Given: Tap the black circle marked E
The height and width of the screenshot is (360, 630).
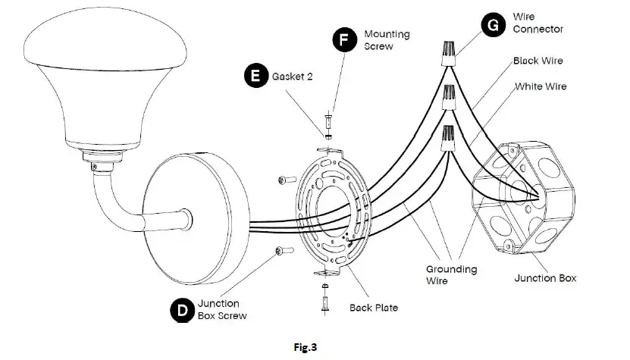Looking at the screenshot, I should (255, 76).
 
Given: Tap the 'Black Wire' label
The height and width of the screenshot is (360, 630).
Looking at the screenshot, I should (538, 61).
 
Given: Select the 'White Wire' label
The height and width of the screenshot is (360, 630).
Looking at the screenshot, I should (541, 87).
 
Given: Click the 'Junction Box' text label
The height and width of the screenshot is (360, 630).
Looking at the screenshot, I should (545, 278).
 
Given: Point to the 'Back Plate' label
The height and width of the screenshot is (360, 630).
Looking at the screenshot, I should (374, 308).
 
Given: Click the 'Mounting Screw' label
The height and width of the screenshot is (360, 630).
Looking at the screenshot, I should (387, 40).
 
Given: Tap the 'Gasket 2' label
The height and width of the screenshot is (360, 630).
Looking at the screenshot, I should (293, 77).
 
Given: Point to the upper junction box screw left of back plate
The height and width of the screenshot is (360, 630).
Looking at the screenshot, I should (285, 180).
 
